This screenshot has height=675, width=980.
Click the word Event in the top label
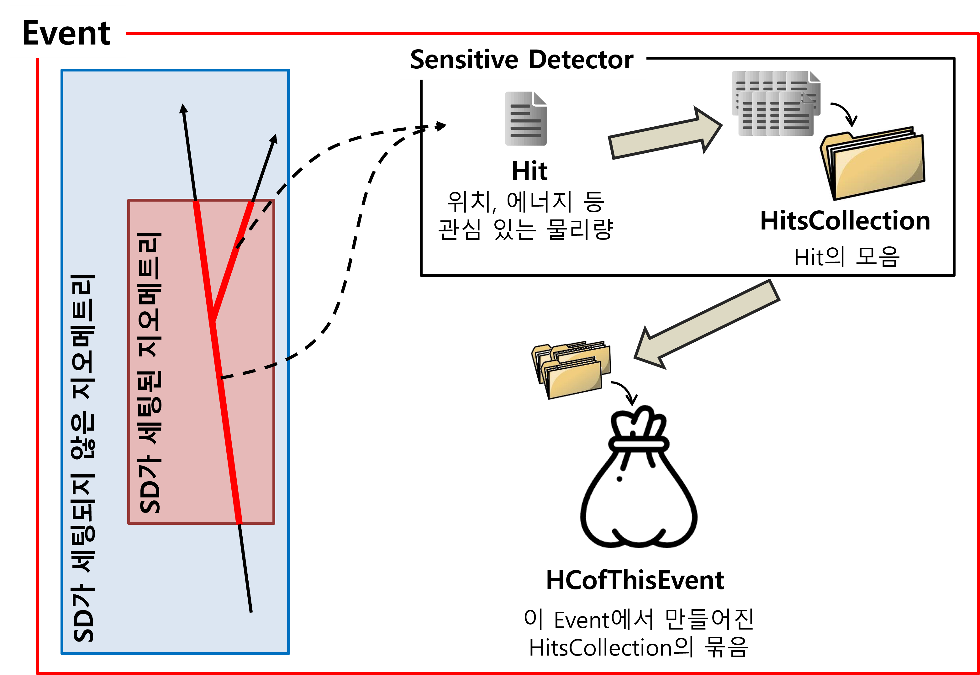66,33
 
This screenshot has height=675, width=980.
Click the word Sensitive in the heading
464,59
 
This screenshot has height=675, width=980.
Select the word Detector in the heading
581,59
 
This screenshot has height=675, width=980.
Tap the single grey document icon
525,119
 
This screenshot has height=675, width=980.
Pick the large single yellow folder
872,164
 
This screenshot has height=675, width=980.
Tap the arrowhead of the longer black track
183,109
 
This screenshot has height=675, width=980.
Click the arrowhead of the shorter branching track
274,139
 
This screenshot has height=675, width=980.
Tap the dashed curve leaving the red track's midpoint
254,370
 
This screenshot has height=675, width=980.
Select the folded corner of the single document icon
540,98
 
